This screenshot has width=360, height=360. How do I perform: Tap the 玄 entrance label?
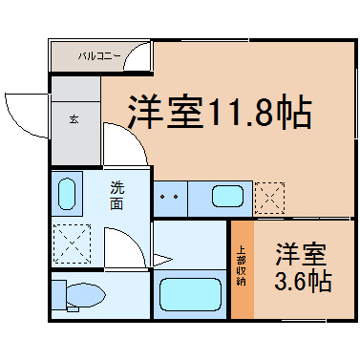coord(74,119)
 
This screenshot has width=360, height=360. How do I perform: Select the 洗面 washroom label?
coord(116,195)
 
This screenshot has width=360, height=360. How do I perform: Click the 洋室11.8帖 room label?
coord(220,111)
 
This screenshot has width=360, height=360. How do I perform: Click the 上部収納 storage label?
coord(242,266)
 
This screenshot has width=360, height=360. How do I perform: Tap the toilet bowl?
coord(85,296)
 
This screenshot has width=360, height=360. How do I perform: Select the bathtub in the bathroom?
coord(190,294)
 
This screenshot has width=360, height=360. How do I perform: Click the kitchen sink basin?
coord(227,196)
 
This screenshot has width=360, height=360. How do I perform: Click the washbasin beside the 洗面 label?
coord(67,194)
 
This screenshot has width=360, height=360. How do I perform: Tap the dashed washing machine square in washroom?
coord(73,244)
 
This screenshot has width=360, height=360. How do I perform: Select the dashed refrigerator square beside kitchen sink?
coord(269,198)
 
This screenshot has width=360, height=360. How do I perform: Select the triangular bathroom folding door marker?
coord(162,260)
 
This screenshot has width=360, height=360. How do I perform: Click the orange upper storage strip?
coord(243,269)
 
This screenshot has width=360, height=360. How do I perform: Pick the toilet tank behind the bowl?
coord(59,295)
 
